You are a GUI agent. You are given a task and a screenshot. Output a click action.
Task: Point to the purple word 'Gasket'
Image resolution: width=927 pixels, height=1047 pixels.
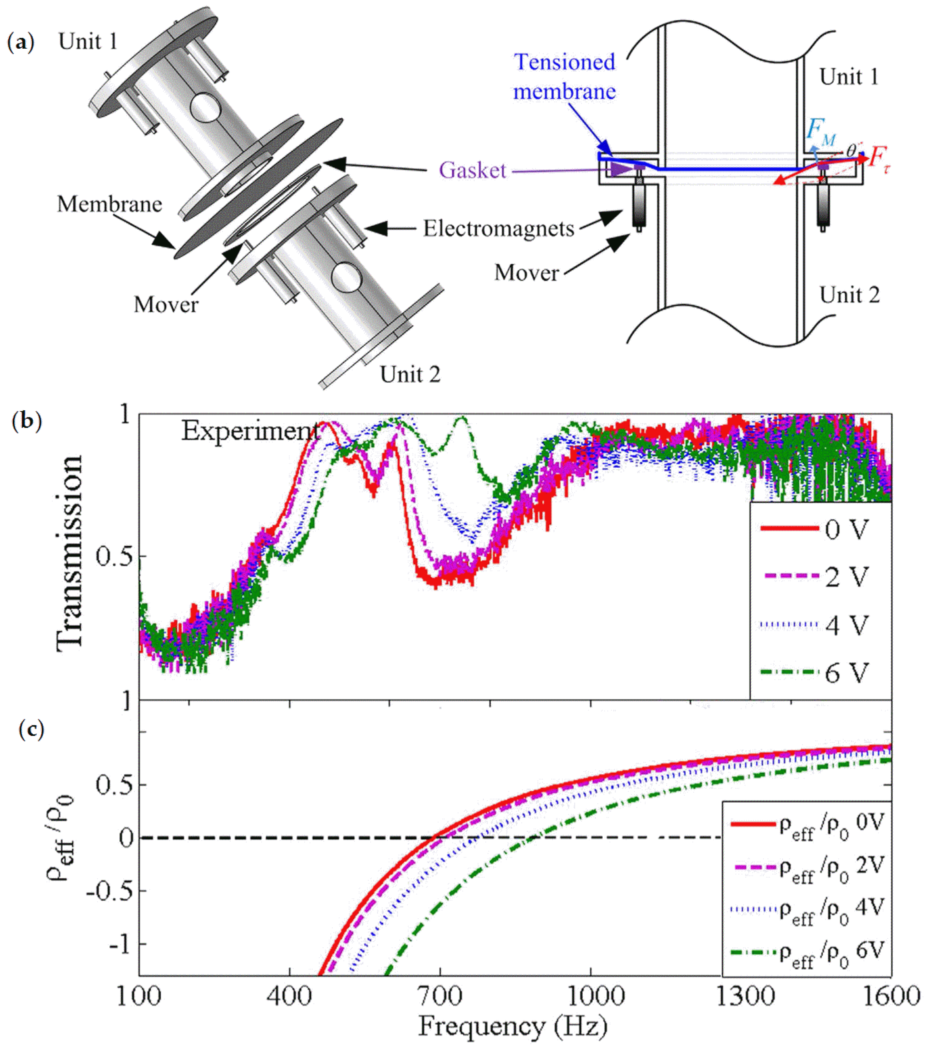tap(472, 170)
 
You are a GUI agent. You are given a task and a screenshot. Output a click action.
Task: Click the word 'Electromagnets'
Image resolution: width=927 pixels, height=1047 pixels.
tap(498, 228)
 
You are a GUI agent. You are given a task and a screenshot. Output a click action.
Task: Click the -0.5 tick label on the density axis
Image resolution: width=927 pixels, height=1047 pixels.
tap(110, 891)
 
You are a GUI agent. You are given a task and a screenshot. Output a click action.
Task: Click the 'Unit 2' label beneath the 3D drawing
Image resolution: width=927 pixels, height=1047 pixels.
tap(410, 374)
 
